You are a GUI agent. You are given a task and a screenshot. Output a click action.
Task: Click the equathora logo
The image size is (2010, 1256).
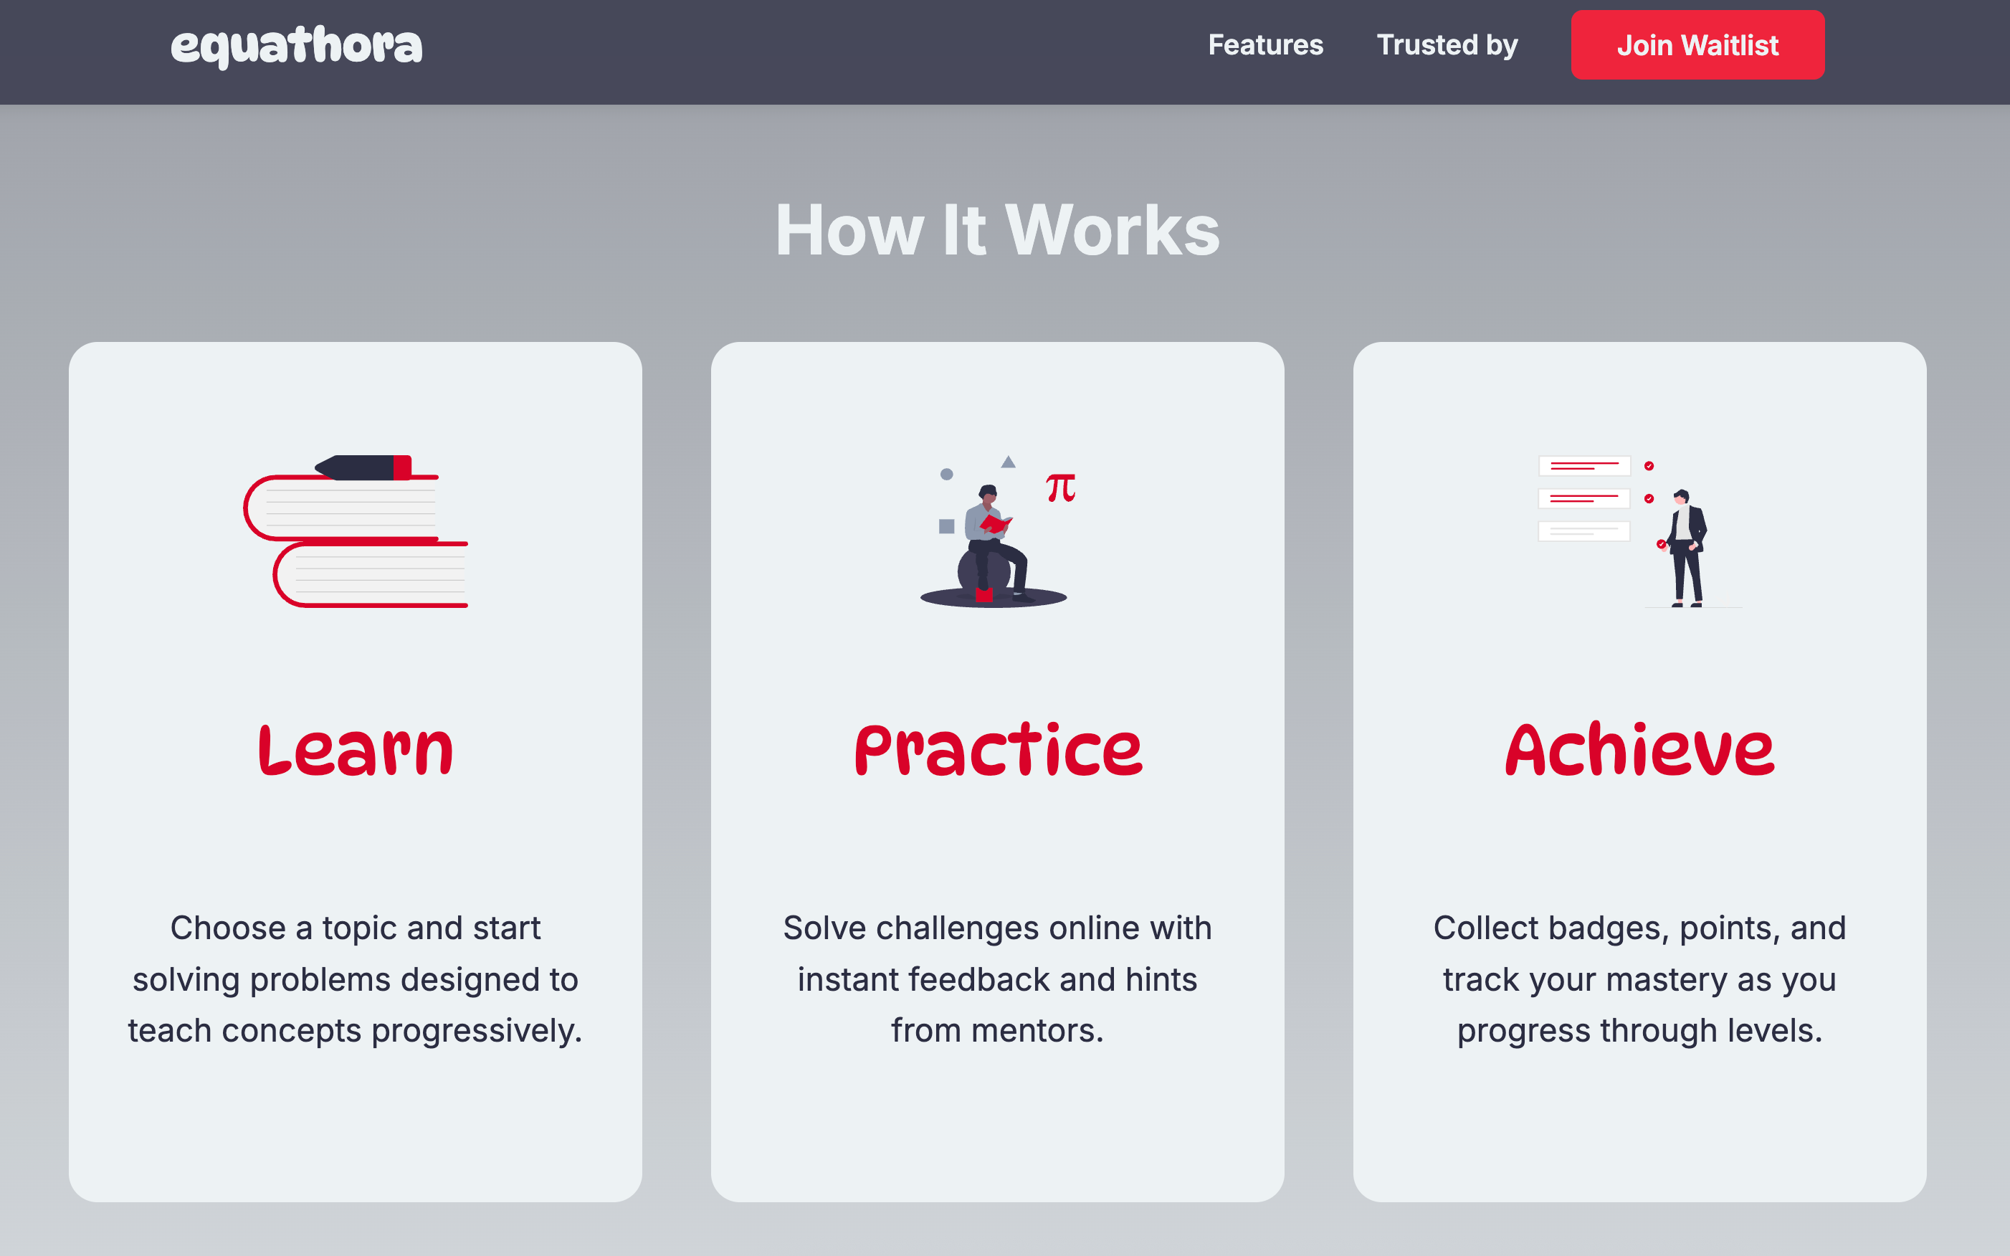click(297, 47)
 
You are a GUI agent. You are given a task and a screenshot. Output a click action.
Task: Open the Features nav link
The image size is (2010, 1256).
click(1265, 45)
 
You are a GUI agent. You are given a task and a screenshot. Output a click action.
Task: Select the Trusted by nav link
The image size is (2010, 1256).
click(1447, 45)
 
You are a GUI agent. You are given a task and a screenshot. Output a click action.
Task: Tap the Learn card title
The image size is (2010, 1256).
click(356, 750)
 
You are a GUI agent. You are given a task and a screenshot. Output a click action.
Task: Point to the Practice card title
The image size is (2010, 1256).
click(998, 750)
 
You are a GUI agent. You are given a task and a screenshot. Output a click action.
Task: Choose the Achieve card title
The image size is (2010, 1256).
click(1639, 750)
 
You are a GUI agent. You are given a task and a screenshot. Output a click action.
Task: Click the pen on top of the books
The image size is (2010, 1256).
click(363, 467)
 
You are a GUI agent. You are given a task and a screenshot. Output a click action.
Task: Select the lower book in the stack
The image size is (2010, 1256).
click(371, 575)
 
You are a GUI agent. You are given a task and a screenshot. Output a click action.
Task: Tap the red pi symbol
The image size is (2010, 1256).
click(1061, 487)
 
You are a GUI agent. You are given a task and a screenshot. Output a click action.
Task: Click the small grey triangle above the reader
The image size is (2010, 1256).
click(1009, 462)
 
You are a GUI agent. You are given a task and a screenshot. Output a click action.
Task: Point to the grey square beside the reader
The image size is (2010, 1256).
click(946, 525)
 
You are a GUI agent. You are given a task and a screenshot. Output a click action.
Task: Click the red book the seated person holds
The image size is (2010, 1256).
click(995, 523)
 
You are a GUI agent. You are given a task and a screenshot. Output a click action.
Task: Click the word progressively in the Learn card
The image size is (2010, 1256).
click(477, 1032)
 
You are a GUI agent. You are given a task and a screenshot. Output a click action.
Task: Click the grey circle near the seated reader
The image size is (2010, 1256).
click(947, 475)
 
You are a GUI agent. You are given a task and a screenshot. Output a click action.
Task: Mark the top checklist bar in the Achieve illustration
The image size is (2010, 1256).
click(1584, 466)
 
